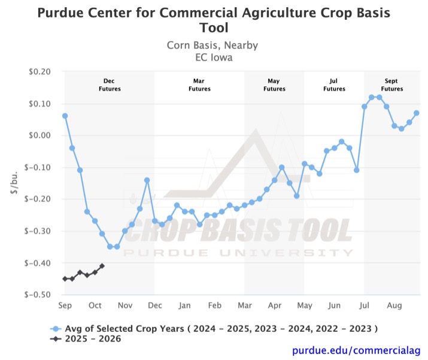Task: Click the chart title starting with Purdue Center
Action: click(x=214, y=20)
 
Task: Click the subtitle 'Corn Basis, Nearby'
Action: click(x=214, y=46)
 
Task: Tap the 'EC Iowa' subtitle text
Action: click(x=214, y=58)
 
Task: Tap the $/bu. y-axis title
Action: click(x=14, y=183)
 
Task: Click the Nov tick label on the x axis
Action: click(x=125, y=305)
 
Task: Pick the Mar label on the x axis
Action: click(x=244, y=305)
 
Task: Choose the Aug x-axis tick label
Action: click(x=394, y=305)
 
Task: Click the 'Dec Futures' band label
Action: click(x=110, y=84)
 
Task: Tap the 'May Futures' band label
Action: click(x=274, y=84)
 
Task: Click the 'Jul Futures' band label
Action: click(x=334, y=84)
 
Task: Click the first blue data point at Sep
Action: click(x=65, y=116)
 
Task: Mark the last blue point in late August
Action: click(x=417, y=113)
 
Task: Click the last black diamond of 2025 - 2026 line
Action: click(x=102, y=266)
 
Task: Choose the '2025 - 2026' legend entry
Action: click(x=96, y=339)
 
